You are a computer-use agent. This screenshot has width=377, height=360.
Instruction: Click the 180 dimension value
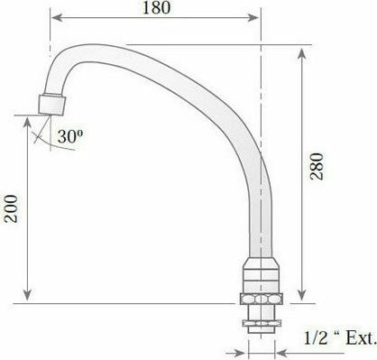tap(156, 7)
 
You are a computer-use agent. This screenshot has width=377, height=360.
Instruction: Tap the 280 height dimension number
tap(317, 166)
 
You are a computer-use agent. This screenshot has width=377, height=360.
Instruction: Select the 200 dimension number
tap(11, 208)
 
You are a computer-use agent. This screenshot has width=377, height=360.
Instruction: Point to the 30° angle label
tap(70, 136)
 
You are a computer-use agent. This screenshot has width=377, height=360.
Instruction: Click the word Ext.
tap(361, 338)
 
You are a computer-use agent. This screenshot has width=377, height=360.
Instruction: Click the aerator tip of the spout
tap(52, 105)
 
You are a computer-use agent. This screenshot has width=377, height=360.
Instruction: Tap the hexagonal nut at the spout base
tap(262, 299)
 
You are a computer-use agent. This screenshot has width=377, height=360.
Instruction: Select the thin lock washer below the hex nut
tap(262, 323)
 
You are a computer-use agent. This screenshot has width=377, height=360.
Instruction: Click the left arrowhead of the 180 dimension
tap(57, 18)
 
